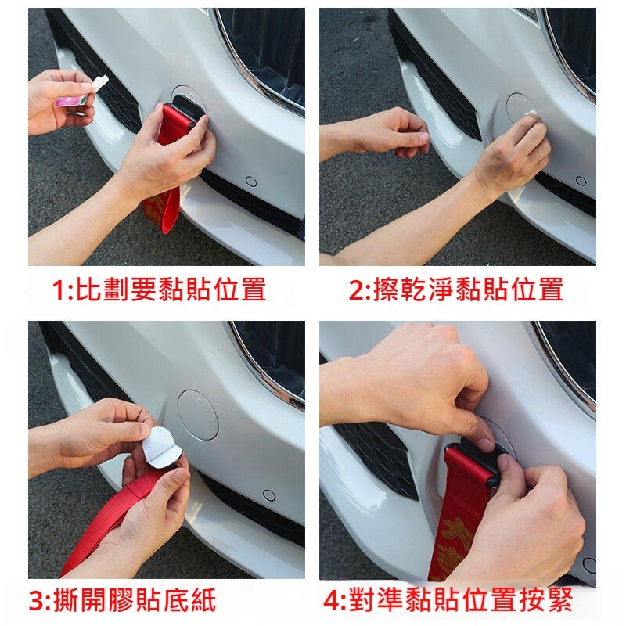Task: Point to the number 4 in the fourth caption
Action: tap(332, 602)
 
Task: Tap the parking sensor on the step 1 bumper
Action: tap(251, 182)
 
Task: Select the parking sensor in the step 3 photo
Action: tap(269, 496)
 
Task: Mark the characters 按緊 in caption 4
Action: tap(548, 602)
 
